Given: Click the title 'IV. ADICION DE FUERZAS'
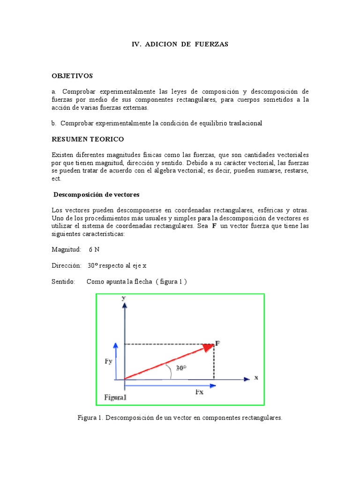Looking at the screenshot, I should [180, 44].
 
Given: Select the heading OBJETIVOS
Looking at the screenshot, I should [72, 75].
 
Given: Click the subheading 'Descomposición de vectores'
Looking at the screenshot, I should [96, 195].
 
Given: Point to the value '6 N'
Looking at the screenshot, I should [94, 250].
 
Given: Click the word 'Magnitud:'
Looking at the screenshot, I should [67, 250].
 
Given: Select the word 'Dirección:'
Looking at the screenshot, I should [67, 265].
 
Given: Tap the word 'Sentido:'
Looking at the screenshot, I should [64, 281].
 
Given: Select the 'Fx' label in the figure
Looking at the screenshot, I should [199, 392].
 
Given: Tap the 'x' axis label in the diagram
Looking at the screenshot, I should [256, 377].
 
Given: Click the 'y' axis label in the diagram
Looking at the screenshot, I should [123, 298].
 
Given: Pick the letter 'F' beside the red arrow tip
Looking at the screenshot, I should [217, 343].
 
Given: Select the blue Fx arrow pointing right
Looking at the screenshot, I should [169, 386].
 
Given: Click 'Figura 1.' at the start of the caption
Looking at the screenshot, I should [90, 417].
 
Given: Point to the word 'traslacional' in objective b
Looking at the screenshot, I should [242, 123].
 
